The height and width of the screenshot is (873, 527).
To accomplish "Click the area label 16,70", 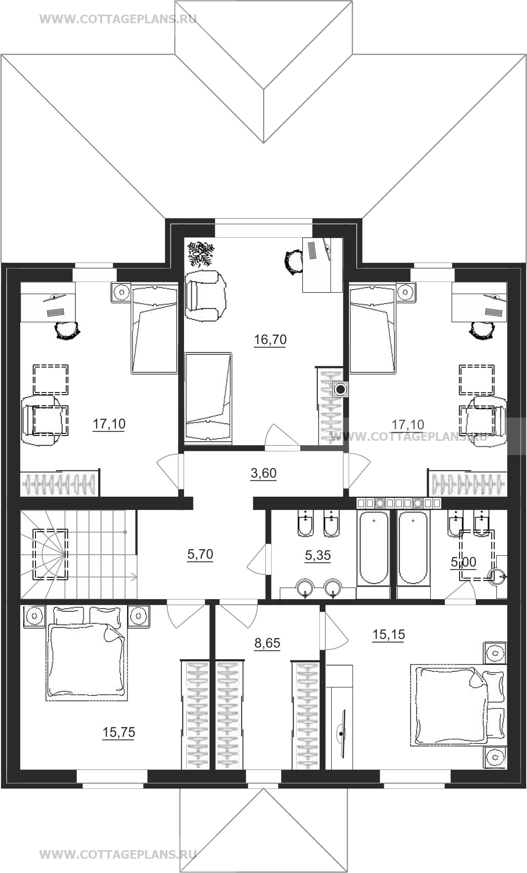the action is click(270, 340).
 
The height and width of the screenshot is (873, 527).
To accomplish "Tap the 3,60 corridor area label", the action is click(263, 473).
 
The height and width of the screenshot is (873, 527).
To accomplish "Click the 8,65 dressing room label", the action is click(267, 643).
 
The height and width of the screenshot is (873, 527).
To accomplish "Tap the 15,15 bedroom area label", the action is click(389, 634).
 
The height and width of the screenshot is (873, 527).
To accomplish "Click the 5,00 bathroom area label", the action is click(463, 562).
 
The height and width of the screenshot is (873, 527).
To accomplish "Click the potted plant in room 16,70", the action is click(201, 254).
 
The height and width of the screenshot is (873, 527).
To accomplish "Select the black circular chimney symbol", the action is click(340, 390).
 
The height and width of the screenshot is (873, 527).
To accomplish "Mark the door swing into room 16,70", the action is click(282, 435).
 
